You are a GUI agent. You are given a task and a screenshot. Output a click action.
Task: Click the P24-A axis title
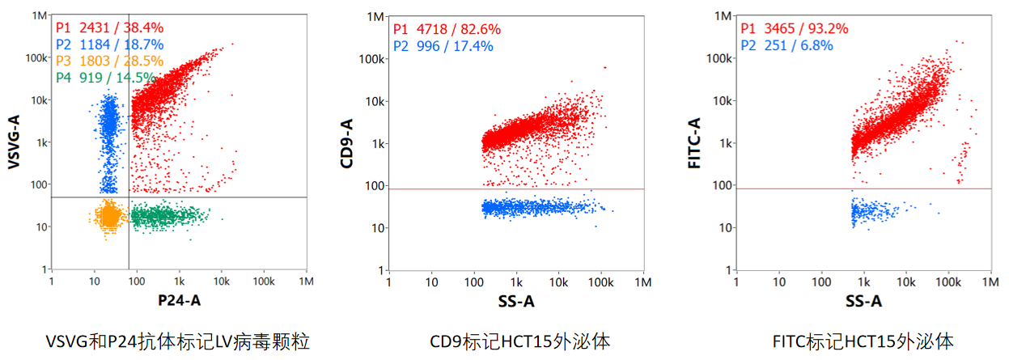179,301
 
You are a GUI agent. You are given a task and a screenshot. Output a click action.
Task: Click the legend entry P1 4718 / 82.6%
447,29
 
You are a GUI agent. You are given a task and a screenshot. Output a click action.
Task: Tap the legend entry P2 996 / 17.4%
443,45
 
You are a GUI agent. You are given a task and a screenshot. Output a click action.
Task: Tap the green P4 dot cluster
166,216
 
